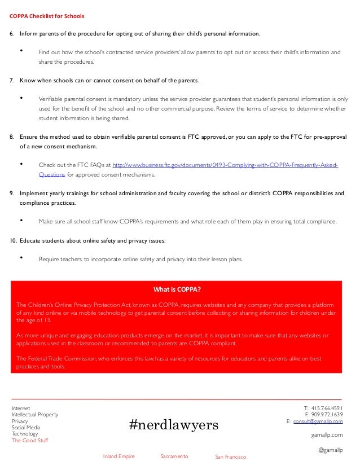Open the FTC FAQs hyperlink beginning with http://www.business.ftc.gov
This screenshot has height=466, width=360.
225,165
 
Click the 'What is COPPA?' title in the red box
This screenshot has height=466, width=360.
177,290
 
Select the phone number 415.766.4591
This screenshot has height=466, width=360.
327,407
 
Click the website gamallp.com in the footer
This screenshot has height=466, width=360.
327,435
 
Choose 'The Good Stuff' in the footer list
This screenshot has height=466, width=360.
30,441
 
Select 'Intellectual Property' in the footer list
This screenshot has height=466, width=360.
35,415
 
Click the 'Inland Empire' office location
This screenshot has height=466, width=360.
118,456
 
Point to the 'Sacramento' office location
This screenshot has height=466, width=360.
174,456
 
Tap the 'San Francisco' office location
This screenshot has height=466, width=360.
231,456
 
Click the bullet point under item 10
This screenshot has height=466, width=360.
21,258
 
